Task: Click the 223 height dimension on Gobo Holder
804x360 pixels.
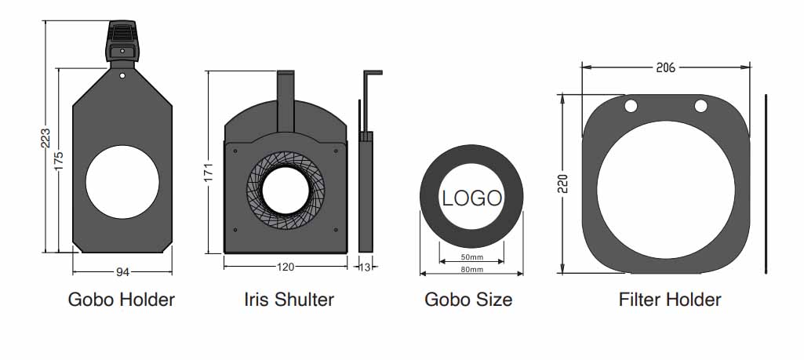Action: (x=46, y=137)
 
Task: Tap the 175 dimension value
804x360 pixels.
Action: (x=59, y=161)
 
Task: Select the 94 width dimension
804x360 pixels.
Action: (x=122, y=272)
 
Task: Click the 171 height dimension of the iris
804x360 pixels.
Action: (x=209, y=175)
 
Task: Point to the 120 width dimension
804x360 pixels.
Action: (x=286, y=267)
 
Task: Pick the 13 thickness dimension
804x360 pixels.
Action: (x=365, y=267)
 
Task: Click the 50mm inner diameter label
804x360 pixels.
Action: (x=471, y=257)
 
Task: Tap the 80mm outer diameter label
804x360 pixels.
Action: (x=471, y=270)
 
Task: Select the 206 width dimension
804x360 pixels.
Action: (x=666, y=67)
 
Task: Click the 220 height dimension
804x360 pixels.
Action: (x=563, y=184)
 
